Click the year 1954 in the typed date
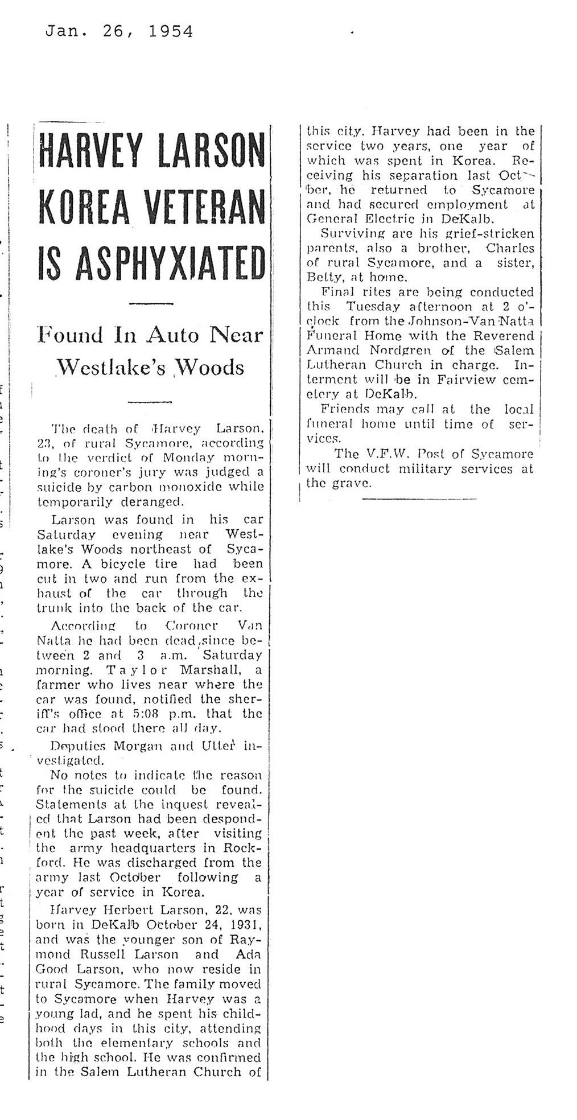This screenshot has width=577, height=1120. click(170, 31)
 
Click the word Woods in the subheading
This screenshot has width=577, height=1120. click(212, 368)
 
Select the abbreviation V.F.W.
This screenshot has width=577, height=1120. click(390, 454)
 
